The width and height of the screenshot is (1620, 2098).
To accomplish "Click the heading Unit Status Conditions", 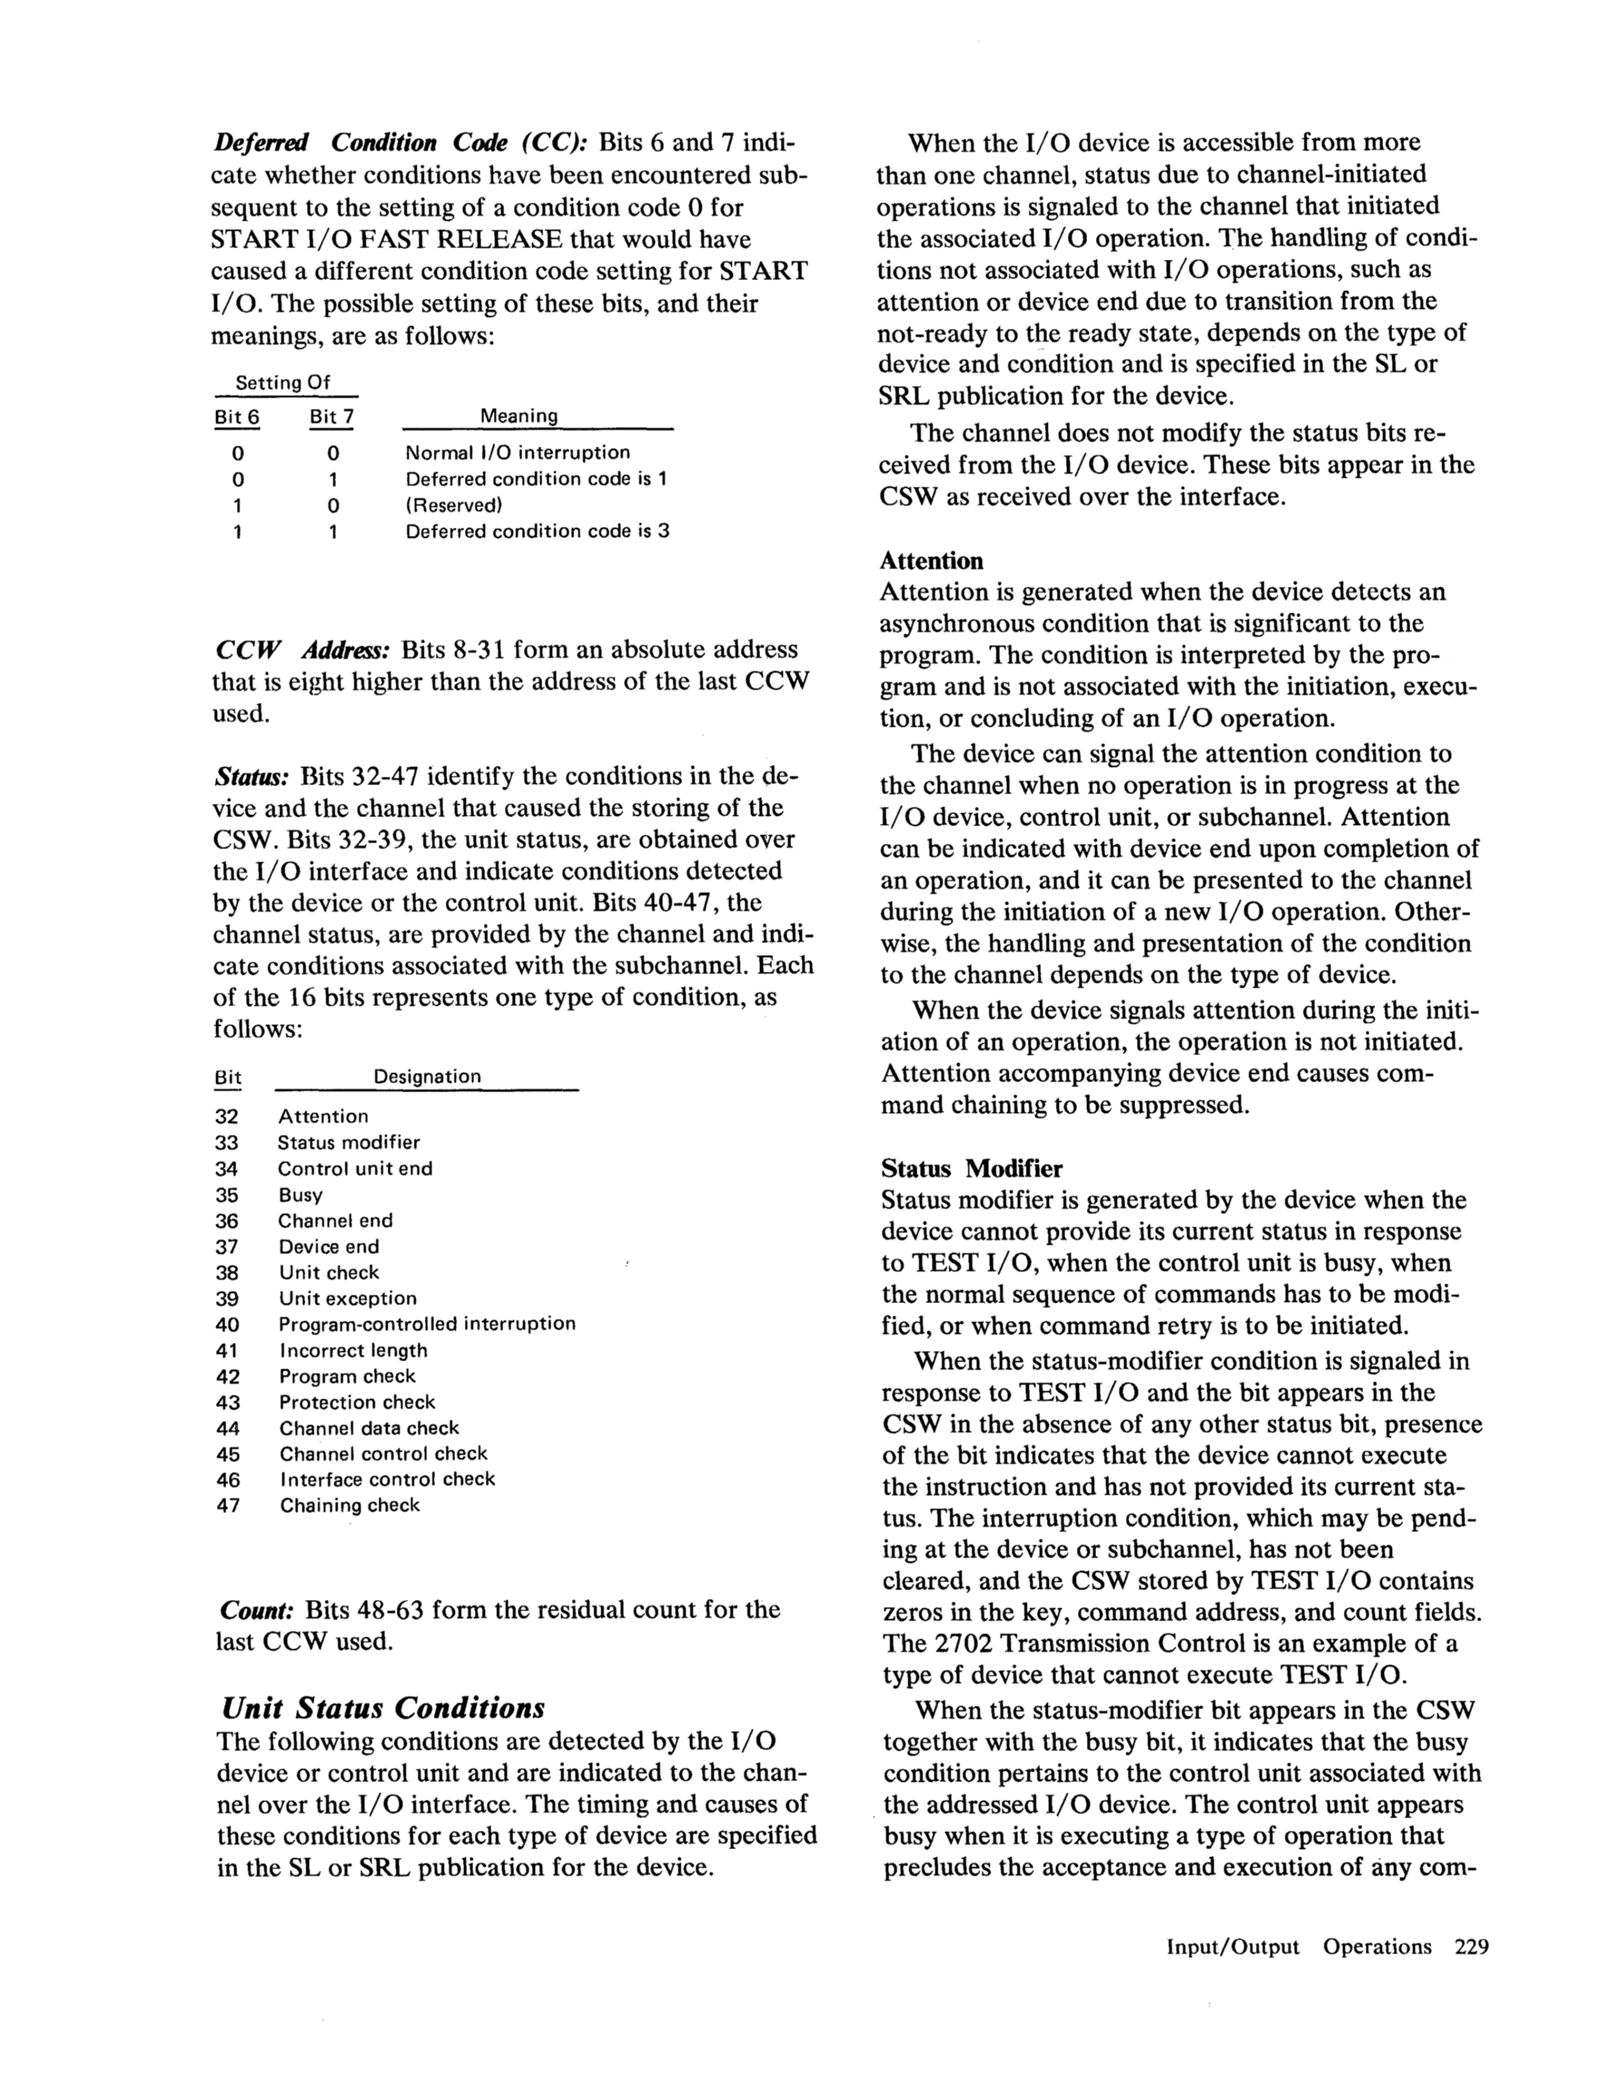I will click(382, 1707).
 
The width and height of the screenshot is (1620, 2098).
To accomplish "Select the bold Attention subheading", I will click(931, 560).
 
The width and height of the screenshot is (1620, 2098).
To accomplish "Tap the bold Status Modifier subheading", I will click(971, 1168).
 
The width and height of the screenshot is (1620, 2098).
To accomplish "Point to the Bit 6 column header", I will click(236, 417).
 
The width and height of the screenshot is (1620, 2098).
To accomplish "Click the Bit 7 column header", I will click(331, 417).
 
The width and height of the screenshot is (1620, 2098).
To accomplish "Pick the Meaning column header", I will click(519, 416).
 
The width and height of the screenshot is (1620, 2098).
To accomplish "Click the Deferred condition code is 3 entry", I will click(537, 531).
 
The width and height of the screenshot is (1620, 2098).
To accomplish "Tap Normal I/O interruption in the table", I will click(518, 452).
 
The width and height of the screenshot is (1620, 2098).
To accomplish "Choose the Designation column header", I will click(427, 1076).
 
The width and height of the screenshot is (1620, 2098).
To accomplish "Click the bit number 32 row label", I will click(227, 1117).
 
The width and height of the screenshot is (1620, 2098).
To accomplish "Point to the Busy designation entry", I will click(301, 1195).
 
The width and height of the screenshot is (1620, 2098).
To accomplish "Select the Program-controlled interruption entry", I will click(428, 1324).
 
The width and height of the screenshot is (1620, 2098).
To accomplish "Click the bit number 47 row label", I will click(228, 1506).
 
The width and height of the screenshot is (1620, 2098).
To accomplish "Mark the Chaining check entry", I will click(350, 1506).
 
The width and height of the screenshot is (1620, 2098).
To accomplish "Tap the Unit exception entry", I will click(348, 1298).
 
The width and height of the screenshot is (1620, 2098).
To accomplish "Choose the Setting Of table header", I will click(282, 383).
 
